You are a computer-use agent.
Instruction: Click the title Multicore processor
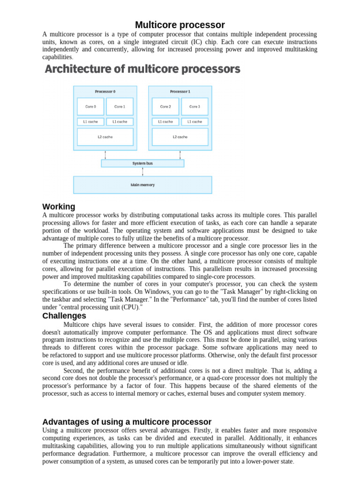pyautogui.click(x=180, y=25)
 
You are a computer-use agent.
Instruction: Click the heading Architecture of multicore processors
pyautogui.click(x=142, y=69)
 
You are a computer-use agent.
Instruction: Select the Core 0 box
pyautogui.click(x=90, y=107)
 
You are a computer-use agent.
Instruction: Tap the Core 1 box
pyautogui.click(x=120, y=107)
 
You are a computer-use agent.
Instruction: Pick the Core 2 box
pyautogui.click(x=165, y=107)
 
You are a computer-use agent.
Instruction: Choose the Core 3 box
pyautogui.click(x=195, y=107)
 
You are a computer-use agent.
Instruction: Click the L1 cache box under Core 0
pyautogui.click(x=90, y=121)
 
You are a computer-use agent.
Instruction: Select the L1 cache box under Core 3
pyautogui.click(x=195, y=121)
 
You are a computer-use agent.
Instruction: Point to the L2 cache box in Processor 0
pyautogui.click(x=105, y=137)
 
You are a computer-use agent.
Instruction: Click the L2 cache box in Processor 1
pyautogui.click(x=180, y=137)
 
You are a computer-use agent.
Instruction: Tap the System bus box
pyautogui.click(x=142, y=164)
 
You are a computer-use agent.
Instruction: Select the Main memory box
pyautogui.click(x=142, y=185)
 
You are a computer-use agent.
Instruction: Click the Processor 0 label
pyautogui.click(x=105, y=91)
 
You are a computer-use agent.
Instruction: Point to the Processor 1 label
pyautogui.click(x=180, y=91)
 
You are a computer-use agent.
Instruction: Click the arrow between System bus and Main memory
pyautogui.click(x=142, y=172)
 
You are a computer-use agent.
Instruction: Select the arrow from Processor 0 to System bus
pyautogui.click(x=105, y=155)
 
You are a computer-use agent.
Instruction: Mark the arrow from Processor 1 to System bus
pyautogui.click(x=180, y=155)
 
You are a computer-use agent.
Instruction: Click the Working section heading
pyautogui.click(x=59, y=207)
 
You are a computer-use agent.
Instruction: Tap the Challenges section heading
pyautogui.click(x=64, y=316)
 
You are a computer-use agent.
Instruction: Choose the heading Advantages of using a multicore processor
pyautogui.click(x=127, y=422)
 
